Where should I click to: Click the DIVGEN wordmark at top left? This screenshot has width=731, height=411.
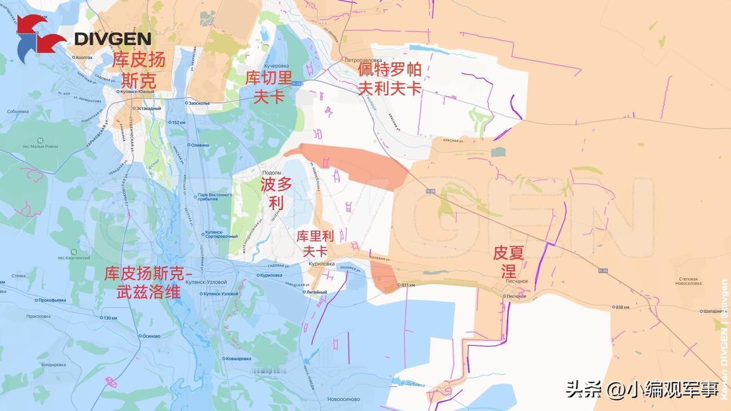click(x=113, y=39)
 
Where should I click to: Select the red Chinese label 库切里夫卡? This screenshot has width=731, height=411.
click(x=268, y=87)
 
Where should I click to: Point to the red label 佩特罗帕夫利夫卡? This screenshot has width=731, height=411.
click(x=390, y=79)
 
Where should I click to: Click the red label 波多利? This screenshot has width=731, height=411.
click(x=276, y=193)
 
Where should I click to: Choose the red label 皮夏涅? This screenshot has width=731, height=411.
click(x=508, y=261)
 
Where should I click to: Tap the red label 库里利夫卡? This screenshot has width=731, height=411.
click(x=315, y=243)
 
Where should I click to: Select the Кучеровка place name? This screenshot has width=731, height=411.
click(x=276, y=66)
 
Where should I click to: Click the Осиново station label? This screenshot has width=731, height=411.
click(x=151, y=336)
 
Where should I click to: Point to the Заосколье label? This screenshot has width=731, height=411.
click(x=199, y=103)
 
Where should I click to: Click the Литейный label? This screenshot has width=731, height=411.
click(x=316, y=292)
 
